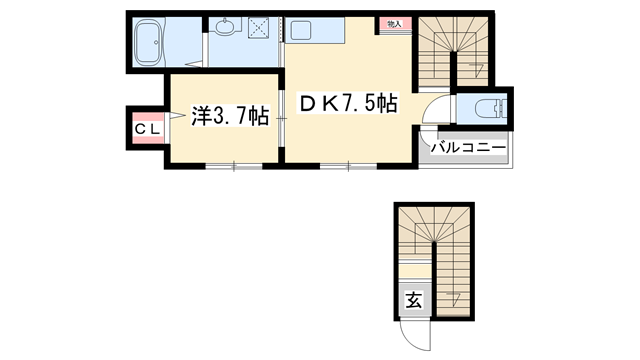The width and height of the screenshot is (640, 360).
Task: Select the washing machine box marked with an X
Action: pyautogui.click(x=262, y=31)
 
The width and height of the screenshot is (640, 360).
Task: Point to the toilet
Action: pyautogui.click(x=487, y=109)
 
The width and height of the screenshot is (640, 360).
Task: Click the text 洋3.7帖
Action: pyautogui.click(x=229, y=116)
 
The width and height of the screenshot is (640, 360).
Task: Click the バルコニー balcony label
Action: pyautogui.click(x=466, y=149)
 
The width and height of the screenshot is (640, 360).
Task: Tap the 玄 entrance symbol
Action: pyautogui.click(x=412, y=300)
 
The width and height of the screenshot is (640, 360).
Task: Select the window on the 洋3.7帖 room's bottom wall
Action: pyautogui.click(x=234, y=165)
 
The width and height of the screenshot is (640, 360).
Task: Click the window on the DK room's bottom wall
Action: pyautogui.click(x=349, y=165)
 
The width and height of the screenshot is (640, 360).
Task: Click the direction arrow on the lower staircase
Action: pyautogui.click(x=455, y=296)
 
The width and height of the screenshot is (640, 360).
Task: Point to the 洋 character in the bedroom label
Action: pyautogui.click(x=200, y=116)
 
